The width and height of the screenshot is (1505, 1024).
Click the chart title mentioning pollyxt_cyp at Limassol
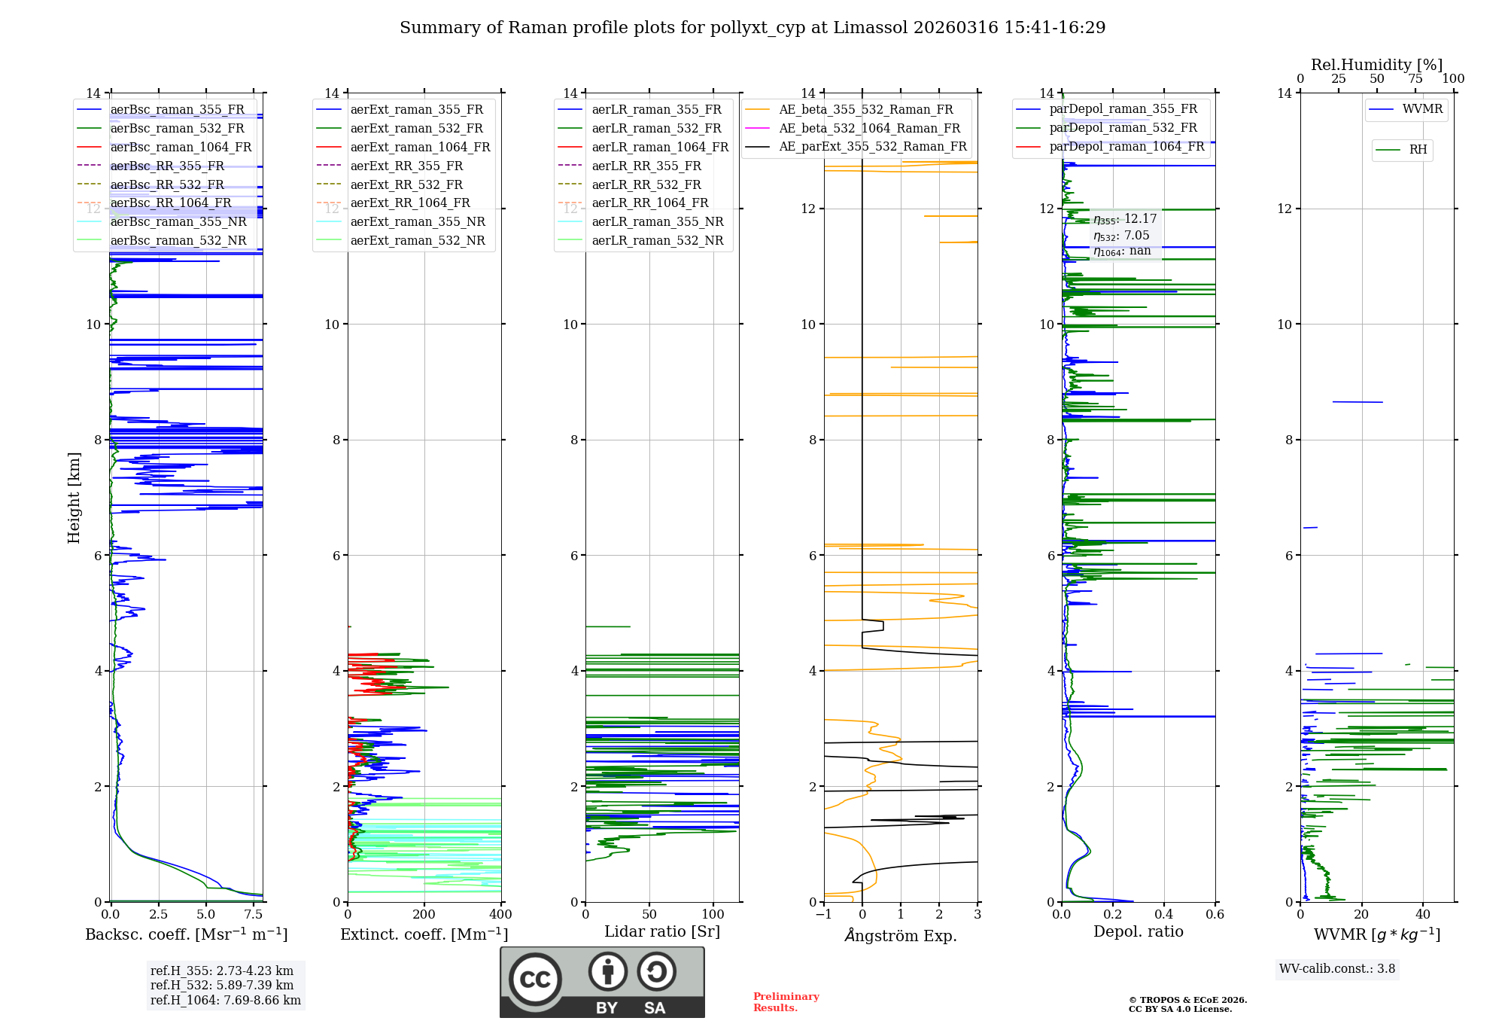point(752,28)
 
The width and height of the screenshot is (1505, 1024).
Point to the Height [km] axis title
point(74,497)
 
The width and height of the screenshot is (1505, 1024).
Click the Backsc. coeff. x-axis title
point(186,934)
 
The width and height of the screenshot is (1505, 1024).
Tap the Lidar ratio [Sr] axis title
point(662,931)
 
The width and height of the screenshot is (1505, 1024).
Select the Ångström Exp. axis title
point(901,935)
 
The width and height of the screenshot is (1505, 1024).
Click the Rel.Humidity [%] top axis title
point(1377,65)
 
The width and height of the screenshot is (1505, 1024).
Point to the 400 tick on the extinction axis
point(500,914)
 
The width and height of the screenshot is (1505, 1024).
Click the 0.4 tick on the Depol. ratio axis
point(1164,914)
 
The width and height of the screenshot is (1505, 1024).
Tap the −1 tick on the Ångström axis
point(824,914)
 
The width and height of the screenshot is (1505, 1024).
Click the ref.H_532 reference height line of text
point(222,985)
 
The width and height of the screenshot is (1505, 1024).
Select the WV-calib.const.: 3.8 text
point(1337,968)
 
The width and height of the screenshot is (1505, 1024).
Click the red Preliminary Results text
point(786,1001)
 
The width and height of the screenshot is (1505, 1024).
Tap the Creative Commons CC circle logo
point(535,980)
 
